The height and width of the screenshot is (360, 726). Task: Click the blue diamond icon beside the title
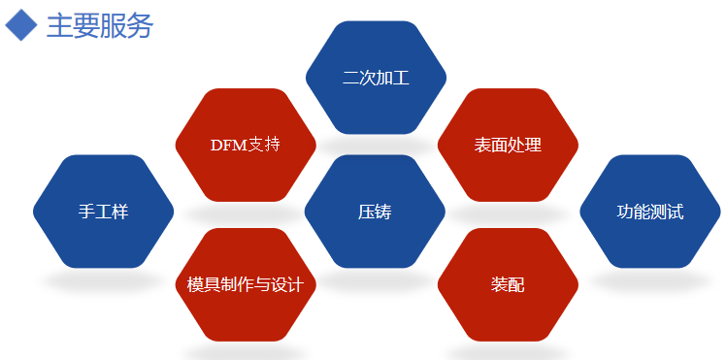point(21,25)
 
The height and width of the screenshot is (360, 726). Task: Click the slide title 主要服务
point(100,25)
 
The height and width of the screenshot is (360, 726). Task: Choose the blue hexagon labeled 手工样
point(104,233)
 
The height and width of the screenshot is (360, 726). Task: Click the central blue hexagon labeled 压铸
point(375,233)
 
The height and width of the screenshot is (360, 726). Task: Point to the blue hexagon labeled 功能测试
point(650,233)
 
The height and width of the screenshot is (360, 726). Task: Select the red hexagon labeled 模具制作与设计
point(246,311)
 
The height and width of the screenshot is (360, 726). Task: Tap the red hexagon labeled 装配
point(508,311)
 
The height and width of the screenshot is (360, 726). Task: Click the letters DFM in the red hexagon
point(228,146)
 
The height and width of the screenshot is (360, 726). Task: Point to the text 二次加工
point(377,78)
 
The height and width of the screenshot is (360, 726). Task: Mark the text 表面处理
point(508,146)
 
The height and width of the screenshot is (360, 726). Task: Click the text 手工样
point(104,212)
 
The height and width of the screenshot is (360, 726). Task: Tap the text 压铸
point(375,212)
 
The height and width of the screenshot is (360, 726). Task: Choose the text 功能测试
point(650,212)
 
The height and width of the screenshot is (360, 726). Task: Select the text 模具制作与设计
point(246,285)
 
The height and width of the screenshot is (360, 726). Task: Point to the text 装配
point(508,285)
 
